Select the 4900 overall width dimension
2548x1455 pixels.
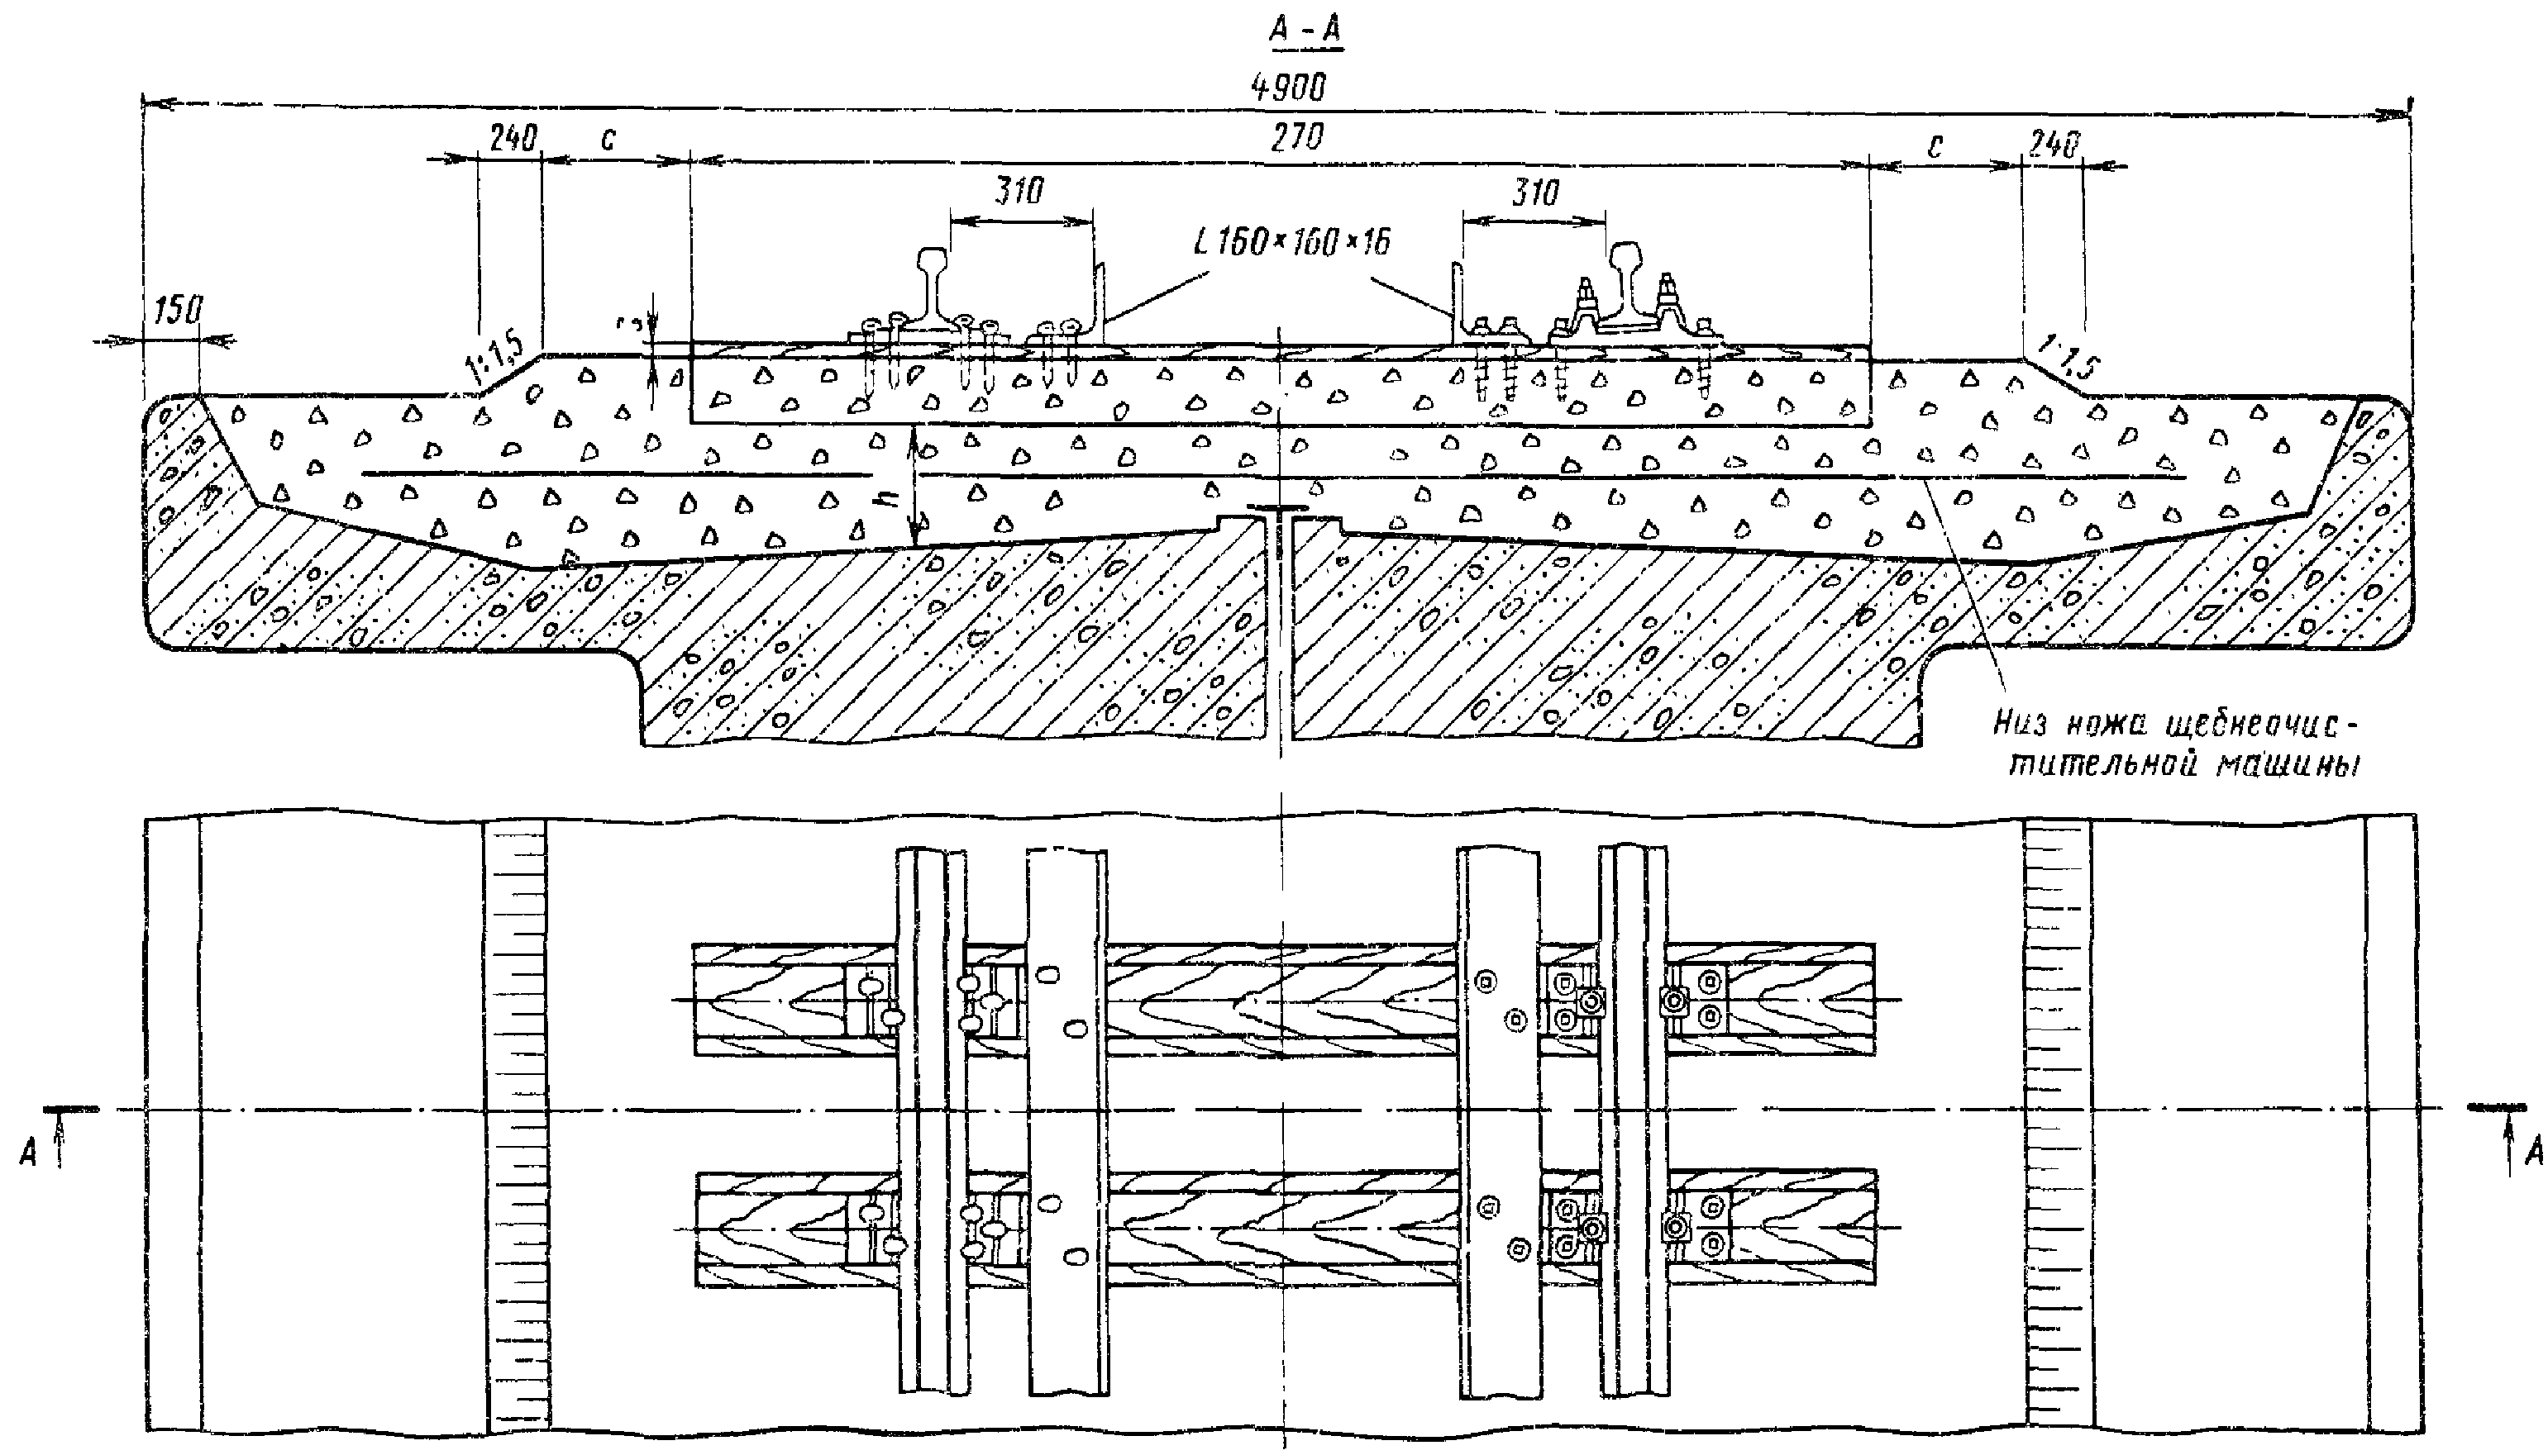point(1289,88)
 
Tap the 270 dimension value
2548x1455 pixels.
point(1296,138)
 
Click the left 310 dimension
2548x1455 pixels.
point(1019,190)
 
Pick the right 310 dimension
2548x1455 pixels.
point(1534,192)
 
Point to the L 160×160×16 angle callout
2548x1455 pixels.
point(1291,242)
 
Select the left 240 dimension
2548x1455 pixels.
point(513,138)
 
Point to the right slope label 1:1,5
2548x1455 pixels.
point(2066,357)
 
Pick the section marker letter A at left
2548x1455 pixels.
point(29,1153)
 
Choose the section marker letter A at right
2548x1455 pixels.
point(2533,1153)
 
